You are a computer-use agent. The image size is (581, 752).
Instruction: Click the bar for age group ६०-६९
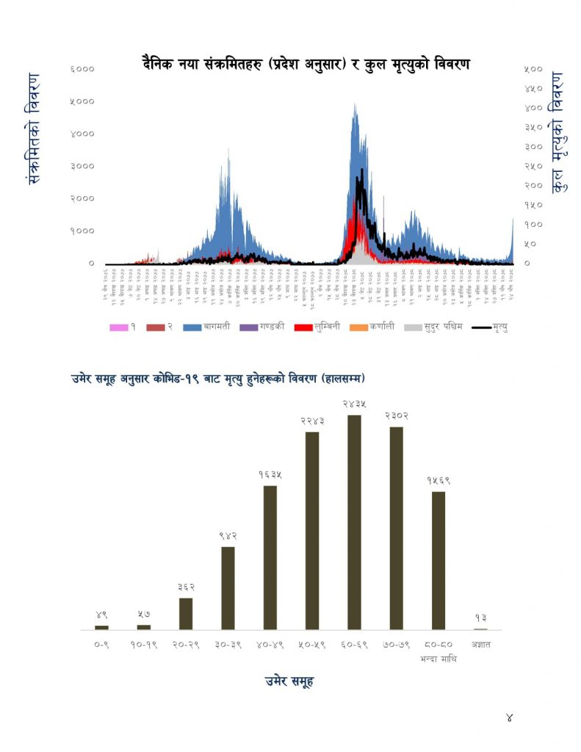tap(354, 522)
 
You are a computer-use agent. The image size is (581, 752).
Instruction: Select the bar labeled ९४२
tap(228, 587)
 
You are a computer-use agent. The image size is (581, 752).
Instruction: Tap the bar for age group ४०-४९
tap(270, 557)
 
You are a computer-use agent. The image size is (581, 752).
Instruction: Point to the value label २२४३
tap(312, 421)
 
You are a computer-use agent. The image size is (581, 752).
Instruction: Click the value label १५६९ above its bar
tap(439, 480)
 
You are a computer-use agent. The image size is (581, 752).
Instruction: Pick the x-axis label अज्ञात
tap(480, 646)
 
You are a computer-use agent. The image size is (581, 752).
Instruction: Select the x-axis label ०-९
tap(101, 646)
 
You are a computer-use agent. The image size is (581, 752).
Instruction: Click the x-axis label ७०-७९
tap(397, 646)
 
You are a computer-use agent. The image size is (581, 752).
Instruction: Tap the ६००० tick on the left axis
tap(82, 69)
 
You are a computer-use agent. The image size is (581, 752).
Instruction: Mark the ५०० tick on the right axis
tap(533, 69)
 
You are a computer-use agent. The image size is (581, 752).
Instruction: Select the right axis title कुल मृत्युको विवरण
tap(559, 132)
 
